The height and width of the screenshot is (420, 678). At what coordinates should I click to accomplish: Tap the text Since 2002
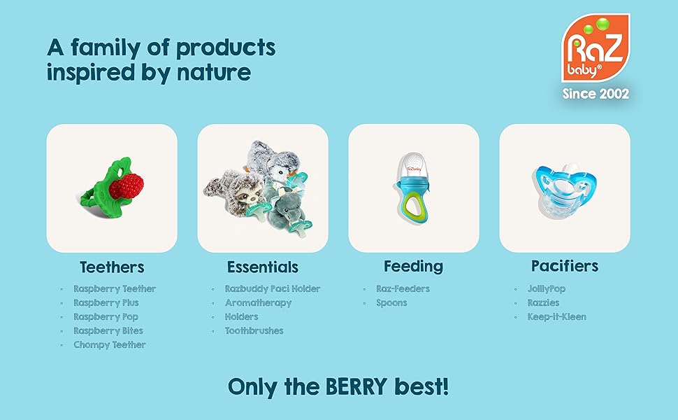pyautogui.click(x=596, y=93)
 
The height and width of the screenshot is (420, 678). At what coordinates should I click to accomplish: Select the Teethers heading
pyautogui.click(x=112, y=267)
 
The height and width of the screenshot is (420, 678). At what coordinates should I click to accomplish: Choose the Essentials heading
pyautogui.click(x=263, y=267)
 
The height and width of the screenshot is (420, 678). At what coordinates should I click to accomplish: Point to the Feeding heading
pyautogui.click(x=413, y=266)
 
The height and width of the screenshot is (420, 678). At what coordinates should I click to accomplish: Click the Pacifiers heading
pyautogui.click(x=565, y=266)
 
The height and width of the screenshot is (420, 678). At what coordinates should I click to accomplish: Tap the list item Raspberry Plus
pyautogui.click(x=106, y=303)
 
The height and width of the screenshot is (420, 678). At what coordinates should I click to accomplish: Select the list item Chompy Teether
pyautogui.click(x=110, y=345)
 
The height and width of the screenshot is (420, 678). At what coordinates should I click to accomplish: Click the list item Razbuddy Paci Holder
pyautogui.click(x=273, y=289)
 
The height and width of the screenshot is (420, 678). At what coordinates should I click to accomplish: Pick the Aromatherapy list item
pyautogui.click(x=258, y=303)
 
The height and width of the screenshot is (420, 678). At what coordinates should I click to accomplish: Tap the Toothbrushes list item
pyautogui.click(x=254, y=331)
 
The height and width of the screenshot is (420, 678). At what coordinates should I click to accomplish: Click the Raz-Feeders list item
pyautogui.click(x=403, y=289)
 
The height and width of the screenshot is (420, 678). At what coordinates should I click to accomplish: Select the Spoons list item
pyautogui.click(x=391, y=303)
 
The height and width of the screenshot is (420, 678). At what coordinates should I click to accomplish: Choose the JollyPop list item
pyautogui.click(x=547, y=289)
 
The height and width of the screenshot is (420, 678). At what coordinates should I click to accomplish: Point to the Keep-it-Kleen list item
pyautogui.click(x=556, y=317)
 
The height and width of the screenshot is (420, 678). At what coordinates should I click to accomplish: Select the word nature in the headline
pyautogui.click(x=212, y=72)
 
